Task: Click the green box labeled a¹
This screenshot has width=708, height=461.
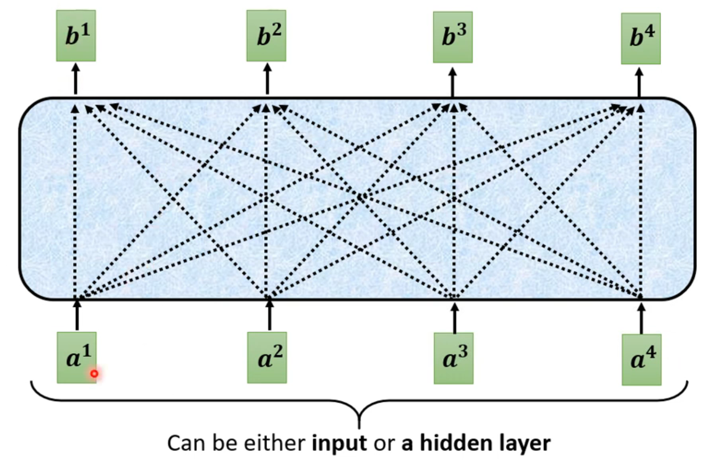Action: (x=77, y=356)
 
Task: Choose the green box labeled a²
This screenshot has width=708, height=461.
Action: (x=267, y=357)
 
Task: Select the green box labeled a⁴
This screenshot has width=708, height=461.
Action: (x=642, y=360)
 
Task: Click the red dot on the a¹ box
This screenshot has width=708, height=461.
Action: (x=94, y=374)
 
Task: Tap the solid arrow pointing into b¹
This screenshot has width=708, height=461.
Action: (x=76, y=80)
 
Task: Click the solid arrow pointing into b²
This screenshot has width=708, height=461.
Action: (x=266, y=80)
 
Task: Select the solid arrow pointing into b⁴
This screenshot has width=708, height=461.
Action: (x=640, y=82)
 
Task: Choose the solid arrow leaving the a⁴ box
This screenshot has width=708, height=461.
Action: (x=642, y=317)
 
